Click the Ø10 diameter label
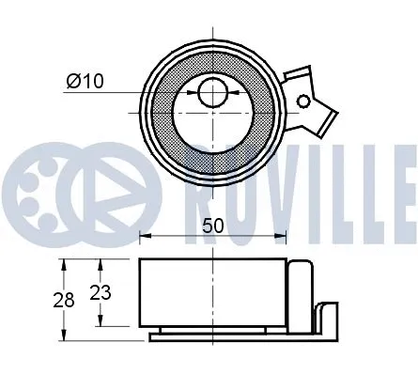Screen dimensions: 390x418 (84, 82)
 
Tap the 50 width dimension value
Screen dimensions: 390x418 (212, 226)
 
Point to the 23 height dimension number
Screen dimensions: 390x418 (100, 292)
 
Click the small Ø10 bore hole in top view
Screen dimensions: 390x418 (212, 92)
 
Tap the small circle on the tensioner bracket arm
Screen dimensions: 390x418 (303, 101)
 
